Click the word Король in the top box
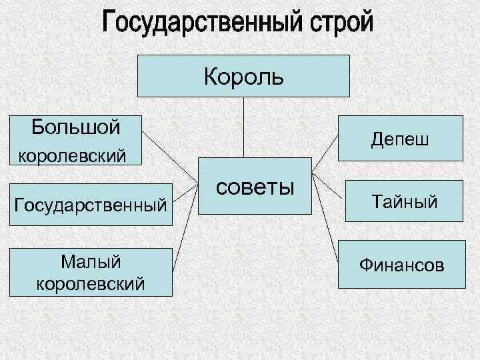tap(243, 77)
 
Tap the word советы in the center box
tap(255, 186)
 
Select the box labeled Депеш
tap(400, 139)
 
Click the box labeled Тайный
tap(400, 201)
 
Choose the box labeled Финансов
tap(400, 265)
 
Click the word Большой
tap(76, 125)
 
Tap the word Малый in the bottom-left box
tap(91, 261)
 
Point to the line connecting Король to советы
tap(243, 127)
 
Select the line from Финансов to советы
tap(325, 220)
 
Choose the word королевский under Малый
tap(91, 284)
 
